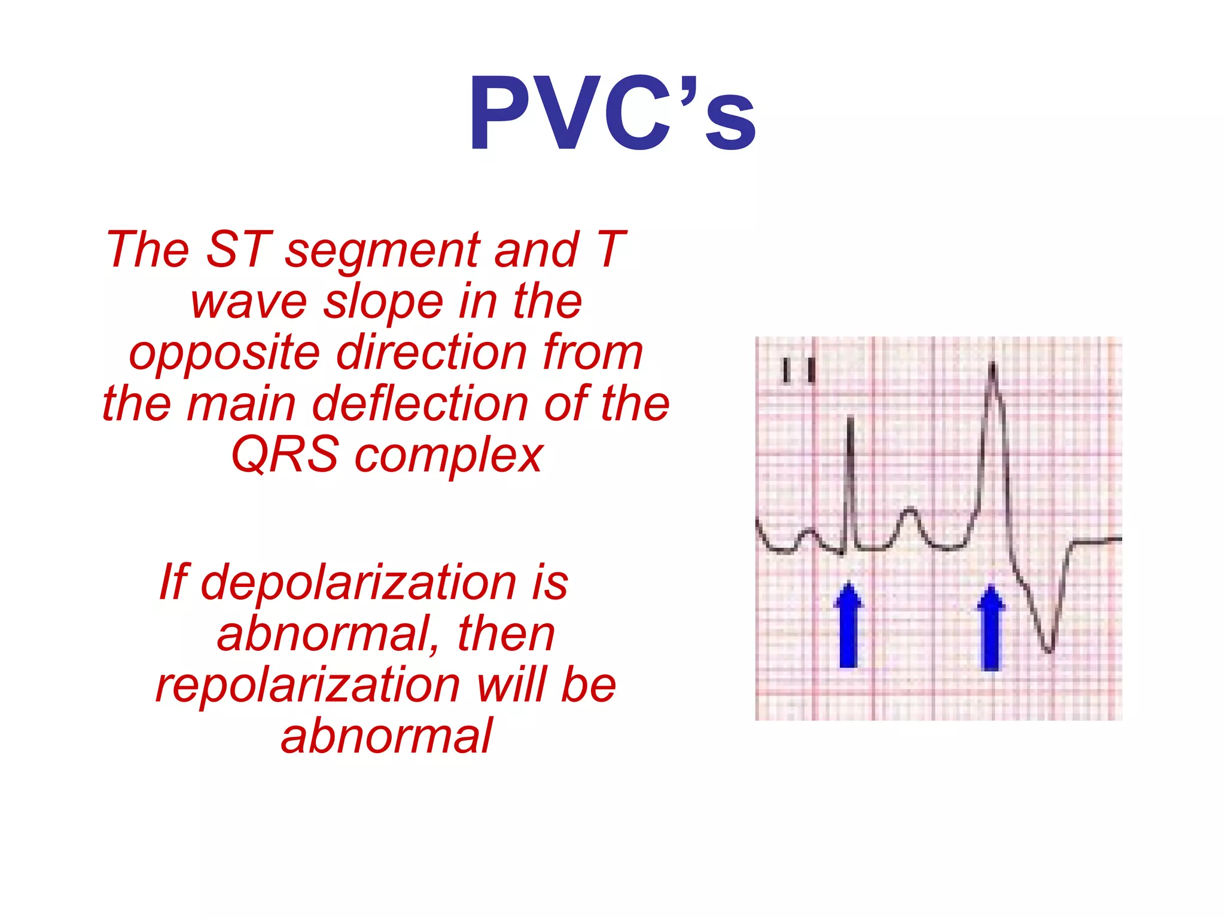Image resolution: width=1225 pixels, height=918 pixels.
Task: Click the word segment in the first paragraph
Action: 383,250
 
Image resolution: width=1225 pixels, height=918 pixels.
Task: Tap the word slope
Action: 383,302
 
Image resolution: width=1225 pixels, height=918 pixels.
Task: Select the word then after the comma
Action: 506,634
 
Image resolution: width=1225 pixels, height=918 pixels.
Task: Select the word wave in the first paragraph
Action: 249,302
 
